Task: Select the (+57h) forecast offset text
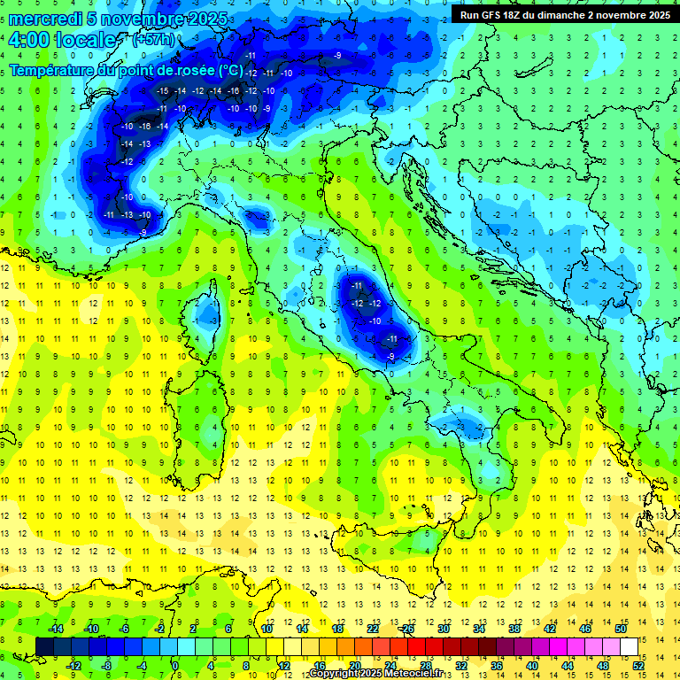pos(153,40)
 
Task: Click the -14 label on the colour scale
pos(55,629)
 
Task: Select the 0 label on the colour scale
pos(175,666)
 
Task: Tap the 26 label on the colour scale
pos(407,629)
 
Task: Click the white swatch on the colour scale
pos(629,646)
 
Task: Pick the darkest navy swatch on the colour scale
pos(44,646)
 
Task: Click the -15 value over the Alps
pos(162,91)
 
